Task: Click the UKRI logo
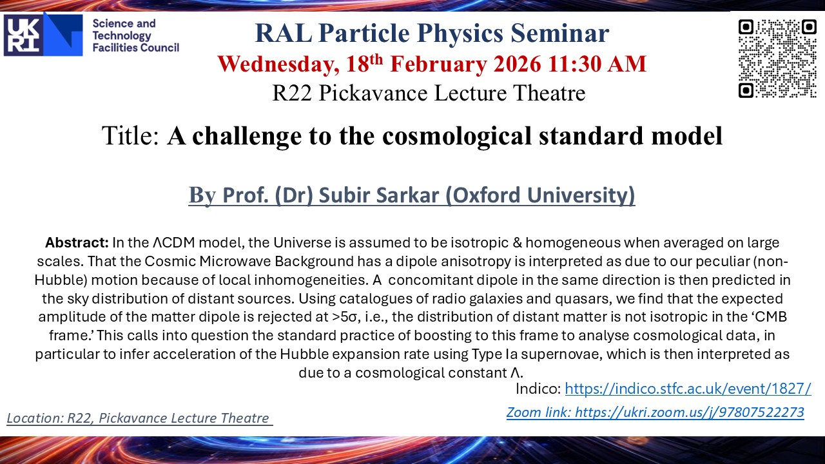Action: pyautogui.click(x=43, y=35)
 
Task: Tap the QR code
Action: pyautogui.click(x=777, y=59)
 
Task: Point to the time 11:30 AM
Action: pyautogui.click(x=597, y=64)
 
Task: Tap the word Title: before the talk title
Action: pyautogui.click(x=131, y=135)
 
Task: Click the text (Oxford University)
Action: pyautogui.click(x=540, y=195)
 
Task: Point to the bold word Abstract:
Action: pyautogui.click(x=77, y=243)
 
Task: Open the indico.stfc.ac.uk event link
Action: pyautogui.click(x=688, y=389)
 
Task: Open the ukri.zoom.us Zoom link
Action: pyautogui.click(x=655, y=412)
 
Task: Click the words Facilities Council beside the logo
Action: pyautogui.click(x=135, y=48)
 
